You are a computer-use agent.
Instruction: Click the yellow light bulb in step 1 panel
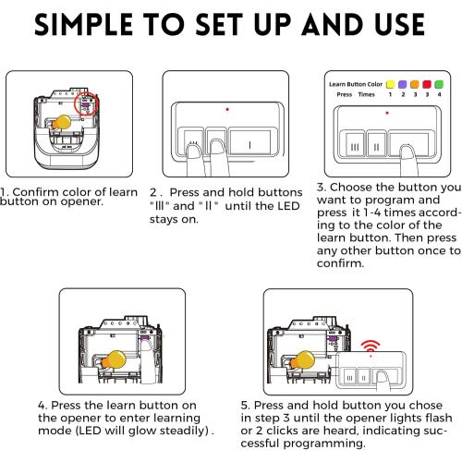[62, 124]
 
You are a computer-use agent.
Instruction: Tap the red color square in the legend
[427, 83]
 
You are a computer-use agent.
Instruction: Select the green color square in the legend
[439, 83]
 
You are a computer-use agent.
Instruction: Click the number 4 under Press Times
[439, 94]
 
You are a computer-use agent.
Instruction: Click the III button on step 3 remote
[354, 146]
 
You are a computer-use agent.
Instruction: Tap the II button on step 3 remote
[377, 146]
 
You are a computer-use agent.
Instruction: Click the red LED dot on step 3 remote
[386, 114]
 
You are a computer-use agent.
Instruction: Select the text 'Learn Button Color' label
[353, 83]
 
